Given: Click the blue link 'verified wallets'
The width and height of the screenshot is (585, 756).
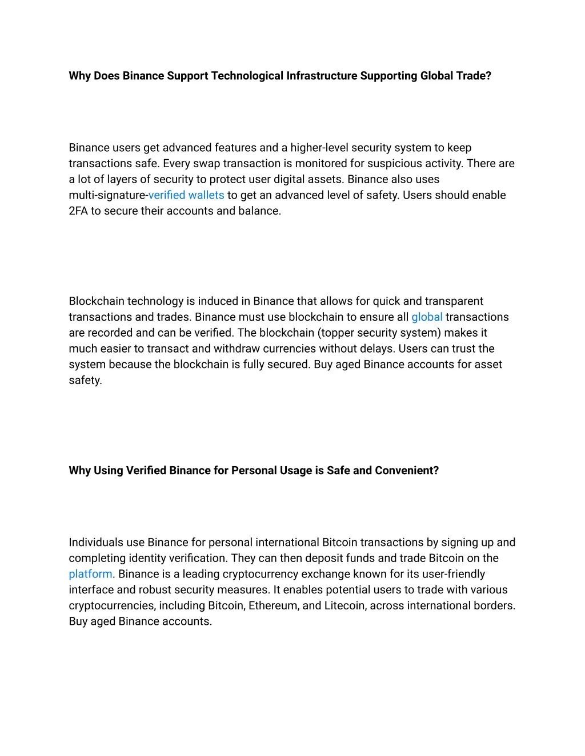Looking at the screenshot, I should (x=186, y=195).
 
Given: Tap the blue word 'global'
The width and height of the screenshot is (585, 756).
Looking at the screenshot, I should (x=427, y=317).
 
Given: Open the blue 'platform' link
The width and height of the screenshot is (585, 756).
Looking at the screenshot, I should (x=90, y=574).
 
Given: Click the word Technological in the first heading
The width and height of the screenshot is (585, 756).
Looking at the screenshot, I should (x=247, y=76).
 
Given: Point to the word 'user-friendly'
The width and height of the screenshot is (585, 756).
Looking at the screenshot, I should (x=453, y=574).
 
